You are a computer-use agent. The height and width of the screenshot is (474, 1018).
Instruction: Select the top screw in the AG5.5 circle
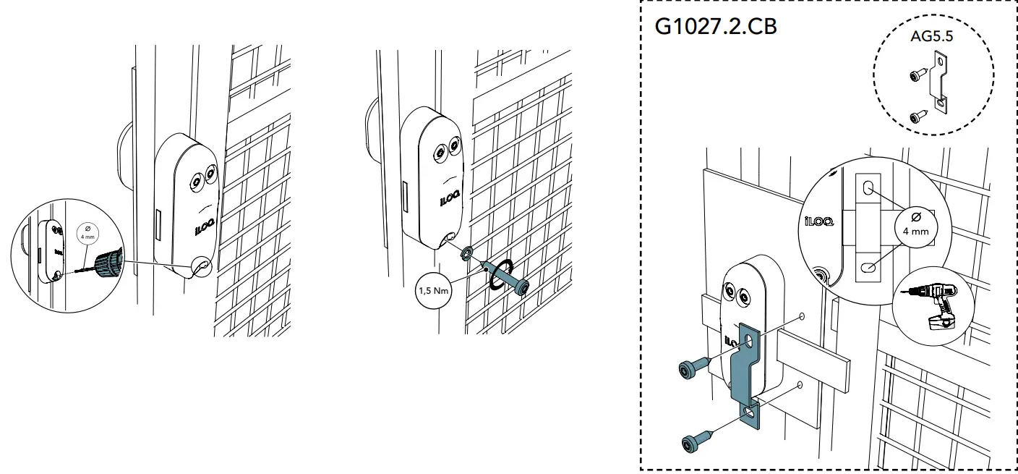pos(914,75)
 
